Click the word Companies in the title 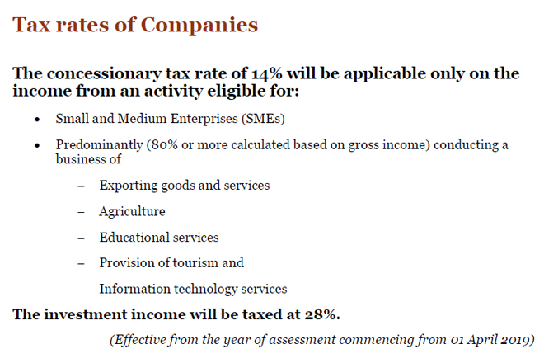pos(199,25)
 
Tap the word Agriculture pos(132,211)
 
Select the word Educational pos(134,237)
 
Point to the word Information pos(134,289)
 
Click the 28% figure pos(321,314)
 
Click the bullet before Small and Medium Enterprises pos(37,119)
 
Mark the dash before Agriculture pos(81,211)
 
